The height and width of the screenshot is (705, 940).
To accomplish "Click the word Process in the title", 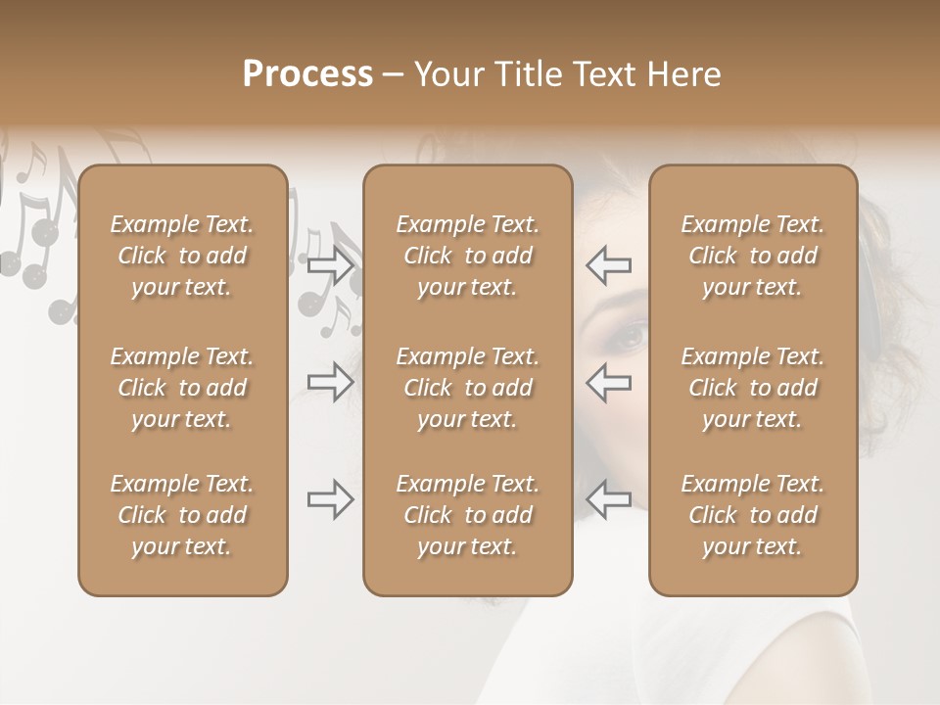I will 307,74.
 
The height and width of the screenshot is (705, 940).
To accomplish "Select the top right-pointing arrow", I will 330,264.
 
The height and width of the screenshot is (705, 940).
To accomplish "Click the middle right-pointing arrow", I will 330,382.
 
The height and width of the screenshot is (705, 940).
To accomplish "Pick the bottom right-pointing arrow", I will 330,499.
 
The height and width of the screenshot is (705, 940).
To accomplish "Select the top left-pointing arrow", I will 609,264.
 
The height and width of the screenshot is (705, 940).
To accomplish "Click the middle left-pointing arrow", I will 609,382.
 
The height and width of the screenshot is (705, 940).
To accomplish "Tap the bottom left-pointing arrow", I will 609,499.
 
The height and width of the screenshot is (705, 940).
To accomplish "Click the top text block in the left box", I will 182,256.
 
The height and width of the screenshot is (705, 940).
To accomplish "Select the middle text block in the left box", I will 182,388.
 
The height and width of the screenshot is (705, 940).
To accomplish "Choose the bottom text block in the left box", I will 182,515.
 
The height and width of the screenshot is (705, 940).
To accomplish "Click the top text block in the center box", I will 467,256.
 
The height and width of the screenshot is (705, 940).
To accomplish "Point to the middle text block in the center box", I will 467,388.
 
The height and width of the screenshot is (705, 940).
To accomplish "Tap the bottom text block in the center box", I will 467,515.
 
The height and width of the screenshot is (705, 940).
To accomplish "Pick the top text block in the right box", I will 752,256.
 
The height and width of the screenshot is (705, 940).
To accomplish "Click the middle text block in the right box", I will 752,388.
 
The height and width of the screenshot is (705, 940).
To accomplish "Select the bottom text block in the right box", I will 752,515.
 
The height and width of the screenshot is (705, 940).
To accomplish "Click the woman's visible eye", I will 627,336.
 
